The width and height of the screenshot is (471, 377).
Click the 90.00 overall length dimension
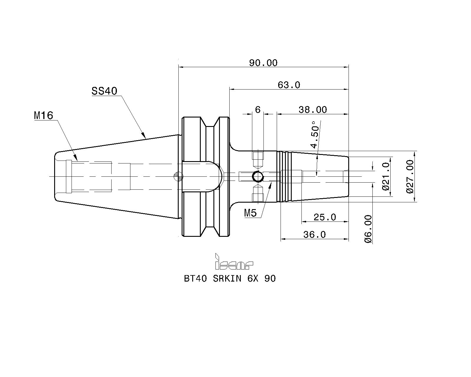pos(263,63)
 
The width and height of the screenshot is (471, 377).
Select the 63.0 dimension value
pos(289,85)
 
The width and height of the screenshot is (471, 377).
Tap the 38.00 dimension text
pos(313,110)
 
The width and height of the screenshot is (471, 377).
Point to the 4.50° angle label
pos(314,135)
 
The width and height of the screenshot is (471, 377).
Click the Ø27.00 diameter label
pos(410,176)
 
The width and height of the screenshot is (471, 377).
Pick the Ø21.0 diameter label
pos(386,176)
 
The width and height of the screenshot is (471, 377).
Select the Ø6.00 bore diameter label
pos(368,229)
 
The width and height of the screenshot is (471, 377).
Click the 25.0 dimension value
pos(325,217)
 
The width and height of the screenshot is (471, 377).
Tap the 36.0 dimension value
pos(314,235)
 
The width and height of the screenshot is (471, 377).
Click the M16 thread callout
pos(44,115)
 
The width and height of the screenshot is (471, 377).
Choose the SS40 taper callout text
pos(105,91)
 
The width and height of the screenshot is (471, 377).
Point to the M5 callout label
pos(251,213)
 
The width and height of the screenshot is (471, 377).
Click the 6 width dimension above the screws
pos(258,110)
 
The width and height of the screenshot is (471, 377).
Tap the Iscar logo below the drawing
pos(234,261)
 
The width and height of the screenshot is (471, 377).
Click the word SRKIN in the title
pos(227,279)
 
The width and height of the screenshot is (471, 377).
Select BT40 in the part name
pos(195,279)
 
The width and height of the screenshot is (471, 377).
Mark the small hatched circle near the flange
pos(179,176)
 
